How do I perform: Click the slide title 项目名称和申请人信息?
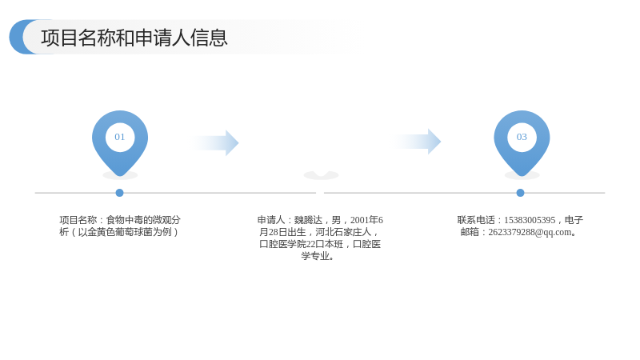coord(134,38)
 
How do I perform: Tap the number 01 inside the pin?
coord(119,137)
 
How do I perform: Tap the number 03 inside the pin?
coord(522,137)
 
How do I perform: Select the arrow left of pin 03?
coord(416,142)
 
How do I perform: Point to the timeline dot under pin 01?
coord(119,193)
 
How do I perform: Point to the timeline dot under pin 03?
coord(520,193)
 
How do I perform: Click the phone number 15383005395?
coord(530,220)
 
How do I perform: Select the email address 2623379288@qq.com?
coord(530,232)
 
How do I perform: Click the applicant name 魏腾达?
coord(308,220)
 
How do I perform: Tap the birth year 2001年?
coord(364,220)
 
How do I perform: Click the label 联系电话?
coord(476,220)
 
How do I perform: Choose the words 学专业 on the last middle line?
coord(315,256)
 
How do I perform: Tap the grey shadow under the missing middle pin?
coord(322,175)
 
